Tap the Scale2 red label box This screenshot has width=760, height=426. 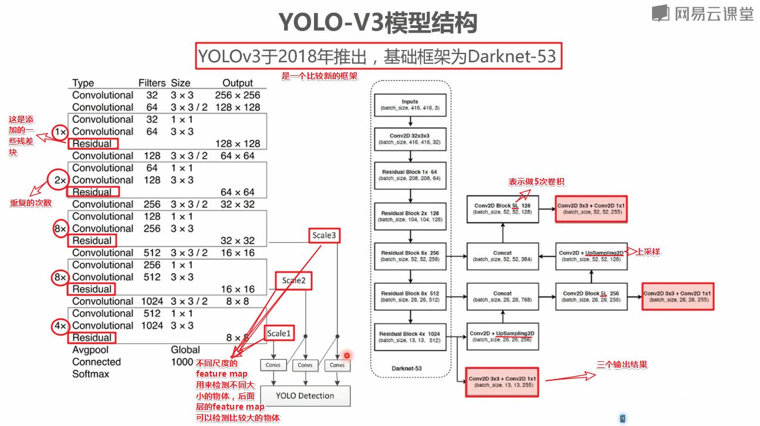[x=293, y=280]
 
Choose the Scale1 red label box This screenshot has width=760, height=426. [x=279, y=333]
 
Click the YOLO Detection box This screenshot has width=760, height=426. [x=305, y=395]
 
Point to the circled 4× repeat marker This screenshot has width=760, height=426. [x=60, y=326]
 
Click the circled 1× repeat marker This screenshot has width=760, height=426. [x=60, y=132]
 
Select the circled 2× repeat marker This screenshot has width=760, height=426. [x=60, y=180]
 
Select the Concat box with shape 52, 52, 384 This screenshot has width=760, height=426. [x=502, y=256]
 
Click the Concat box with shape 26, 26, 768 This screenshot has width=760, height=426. [x=502, y=296]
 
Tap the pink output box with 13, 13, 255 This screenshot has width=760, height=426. [x=502, y=382]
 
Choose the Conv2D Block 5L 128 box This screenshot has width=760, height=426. [x=502, y=209]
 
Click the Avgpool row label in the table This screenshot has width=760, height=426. [x=90, y=350]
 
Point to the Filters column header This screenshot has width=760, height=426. [x=152, y=83]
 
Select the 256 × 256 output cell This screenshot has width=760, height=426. [x=238, y=95]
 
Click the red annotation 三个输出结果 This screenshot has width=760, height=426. [x=622, y=364]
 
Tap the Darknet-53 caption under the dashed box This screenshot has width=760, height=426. [x=410, y=368]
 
